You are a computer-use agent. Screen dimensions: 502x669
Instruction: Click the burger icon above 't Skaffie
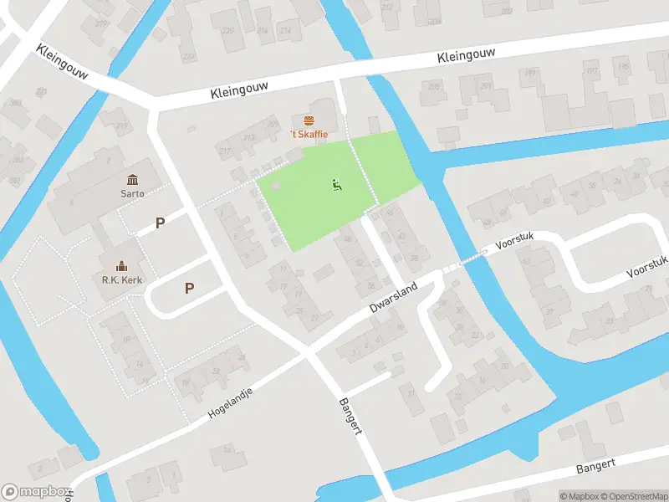tap(309, 121)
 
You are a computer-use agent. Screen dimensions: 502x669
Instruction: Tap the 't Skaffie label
tap(309, 135)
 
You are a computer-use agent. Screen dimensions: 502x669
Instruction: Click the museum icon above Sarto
tap(132, 181)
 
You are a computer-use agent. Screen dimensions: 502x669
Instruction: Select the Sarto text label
tap(132, 194)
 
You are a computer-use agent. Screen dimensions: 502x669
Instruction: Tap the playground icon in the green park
tap(337, 186)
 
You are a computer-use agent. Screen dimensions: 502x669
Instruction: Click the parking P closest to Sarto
tap(161, 223)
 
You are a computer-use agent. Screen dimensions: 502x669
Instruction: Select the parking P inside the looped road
tap(190, 289)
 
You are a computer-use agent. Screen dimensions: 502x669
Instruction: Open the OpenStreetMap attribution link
tap(631, 496)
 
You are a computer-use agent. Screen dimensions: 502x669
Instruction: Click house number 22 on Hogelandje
tap(217, 371)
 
